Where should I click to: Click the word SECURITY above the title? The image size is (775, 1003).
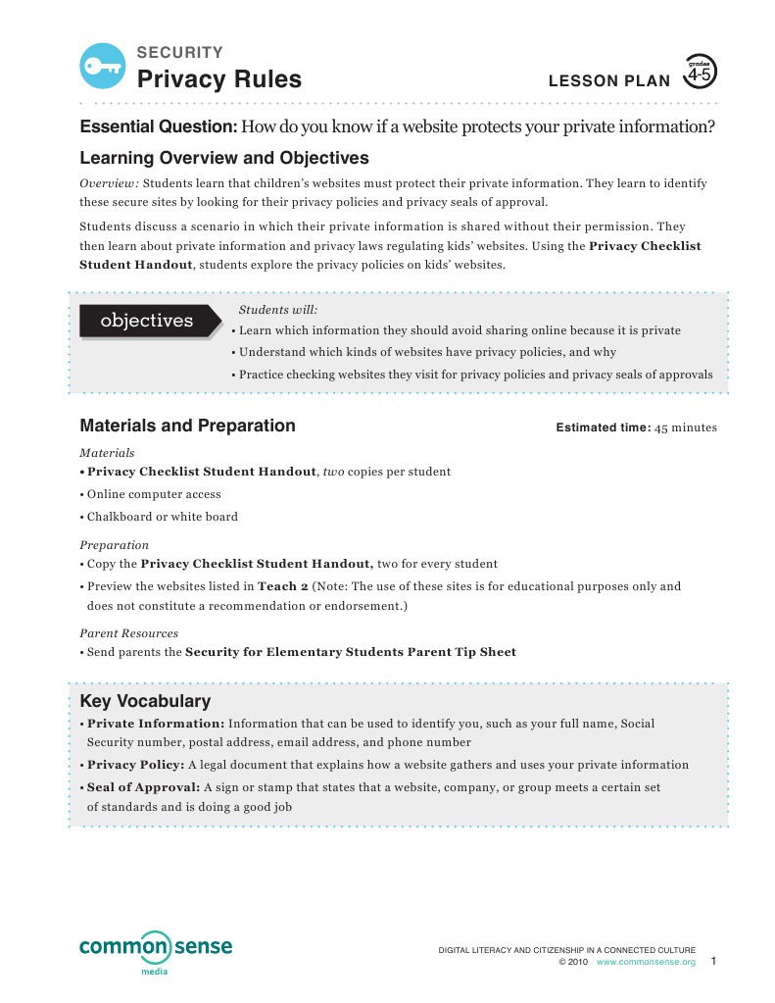point(179,53)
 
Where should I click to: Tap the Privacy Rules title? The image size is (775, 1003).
point(219,79)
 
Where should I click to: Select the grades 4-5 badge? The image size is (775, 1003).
point(700,73)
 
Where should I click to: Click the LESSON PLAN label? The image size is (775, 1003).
point(609,81)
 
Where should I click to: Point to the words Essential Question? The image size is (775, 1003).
point(158,127)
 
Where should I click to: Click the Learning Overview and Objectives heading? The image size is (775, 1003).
point(224,158)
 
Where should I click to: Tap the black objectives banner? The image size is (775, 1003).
point(148,321)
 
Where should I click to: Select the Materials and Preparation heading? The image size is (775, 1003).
point(187,426)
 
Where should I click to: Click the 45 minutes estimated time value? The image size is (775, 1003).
point(686,427)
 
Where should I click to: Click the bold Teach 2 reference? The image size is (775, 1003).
point(282,586)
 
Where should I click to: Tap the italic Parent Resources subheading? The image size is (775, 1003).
point(128,633)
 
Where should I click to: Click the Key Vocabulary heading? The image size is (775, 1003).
point(145,701)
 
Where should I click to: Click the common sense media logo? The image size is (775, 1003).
point(156,951)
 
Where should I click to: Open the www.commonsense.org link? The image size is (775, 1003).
point(646,963)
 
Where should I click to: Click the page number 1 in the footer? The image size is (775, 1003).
point(714,962)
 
